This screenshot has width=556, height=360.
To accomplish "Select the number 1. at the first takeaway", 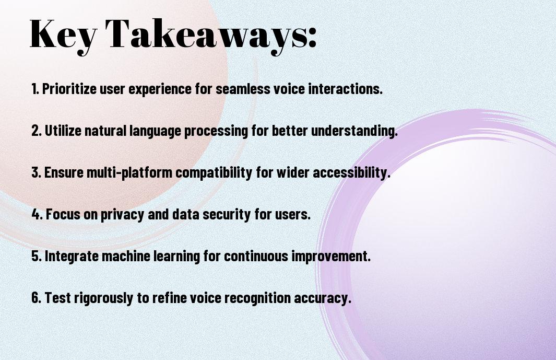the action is point(35,89).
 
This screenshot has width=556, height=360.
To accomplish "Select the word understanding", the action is point(354,131).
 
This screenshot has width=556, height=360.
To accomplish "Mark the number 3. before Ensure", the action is point(37,172).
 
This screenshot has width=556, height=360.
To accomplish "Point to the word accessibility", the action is point(351,173).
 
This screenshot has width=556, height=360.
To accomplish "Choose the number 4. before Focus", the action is point(37,214).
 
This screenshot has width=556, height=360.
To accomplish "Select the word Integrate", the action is point(72,256).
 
